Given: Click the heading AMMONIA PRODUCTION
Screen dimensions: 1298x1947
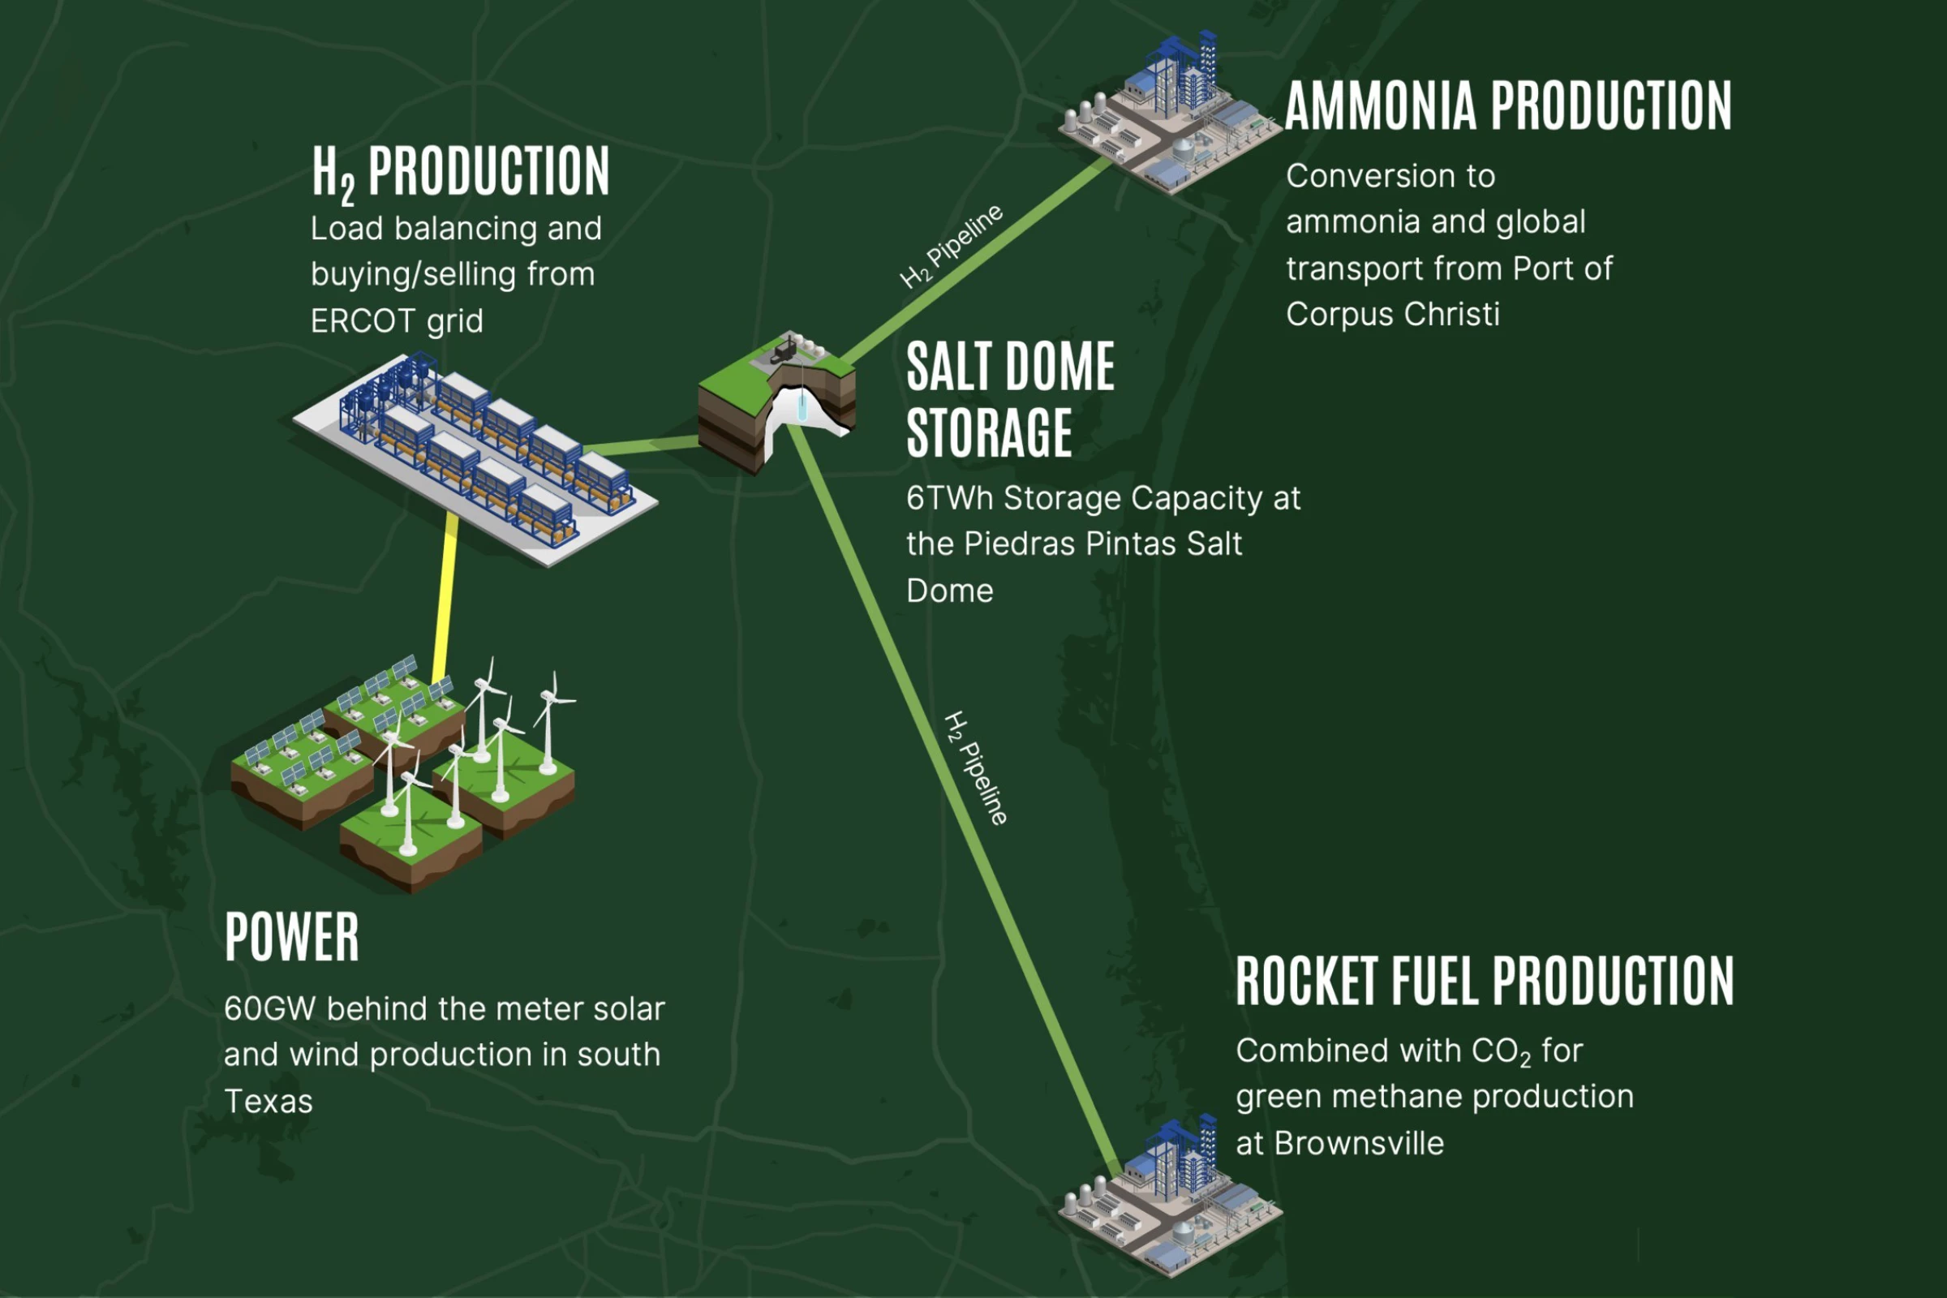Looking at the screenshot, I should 1507,106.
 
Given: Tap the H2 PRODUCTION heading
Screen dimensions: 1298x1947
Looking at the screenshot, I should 460,172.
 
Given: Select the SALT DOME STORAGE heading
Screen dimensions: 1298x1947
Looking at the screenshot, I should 1010,399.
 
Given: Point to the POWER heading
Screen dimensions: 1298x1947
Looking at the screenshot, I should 291,937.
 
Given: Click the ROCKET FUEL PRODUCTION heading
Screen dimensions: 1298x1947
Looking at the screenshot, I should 1485,981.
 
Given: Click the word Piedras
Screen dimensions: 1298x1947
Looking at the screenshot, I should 1021,544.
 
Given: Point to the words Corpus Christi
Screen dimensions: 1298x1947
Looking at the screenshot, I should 1392,315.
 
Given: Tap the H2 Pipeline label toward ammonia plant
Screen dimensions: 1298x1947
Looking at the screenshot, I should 952,246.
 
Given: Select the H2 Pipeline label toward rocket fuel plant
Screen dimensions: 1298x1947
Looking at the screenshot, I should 976,768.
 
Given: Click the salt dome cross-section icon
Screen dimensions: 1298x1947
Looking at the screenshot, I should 776,402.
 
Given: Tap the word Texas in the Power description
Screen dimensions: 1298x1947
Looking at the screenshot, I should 269,1102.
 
